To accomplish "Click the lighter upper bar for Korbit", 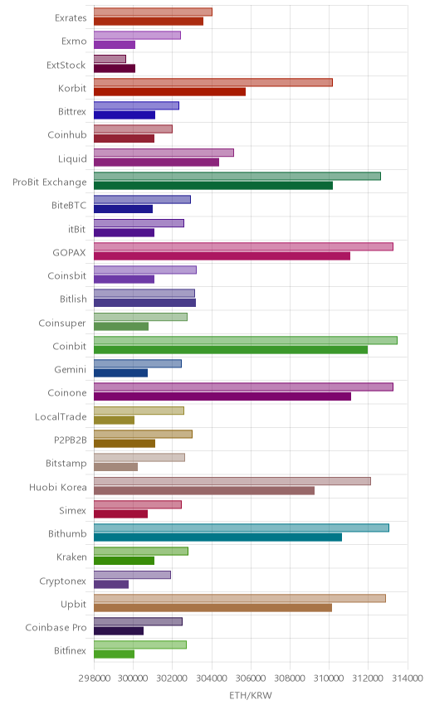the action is point(213,82).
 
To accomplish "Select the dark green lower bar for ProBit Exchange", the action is point(213,186).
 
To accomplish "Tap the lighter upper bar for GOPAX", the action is point(243,247).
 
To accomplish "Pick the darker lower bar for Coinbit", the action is point(231,349).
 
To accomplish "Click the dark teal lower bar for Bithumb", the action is point(218,537).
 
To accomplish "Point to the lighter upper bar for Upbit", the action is point(240,598).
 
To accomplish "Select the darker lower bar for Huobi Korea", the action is point(204,490).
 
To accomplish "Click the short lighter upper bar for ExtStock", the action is point(110,59).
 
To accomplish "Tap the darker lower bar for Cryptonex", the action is point(111,584).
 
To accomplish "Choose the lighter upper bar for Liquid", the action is point(164,153).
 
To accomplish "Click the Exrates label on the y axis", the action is point(71,18).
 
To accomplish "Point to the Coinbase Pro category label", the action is point(56,628).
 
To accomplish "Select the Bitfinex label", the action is point(70,650).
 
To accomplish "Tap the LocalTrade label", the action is point(61,416).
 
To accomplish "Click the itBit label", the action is point(76,229).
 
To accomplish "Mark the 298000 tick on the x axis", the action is point(95,678).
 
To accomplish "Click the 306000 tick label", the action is point(251,678).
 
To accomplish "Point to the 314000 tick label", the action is point(408,678).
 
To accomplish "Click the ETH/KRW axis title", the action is point(251,695).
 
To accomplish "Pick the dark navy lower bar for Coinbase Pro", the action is point(119,630).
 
